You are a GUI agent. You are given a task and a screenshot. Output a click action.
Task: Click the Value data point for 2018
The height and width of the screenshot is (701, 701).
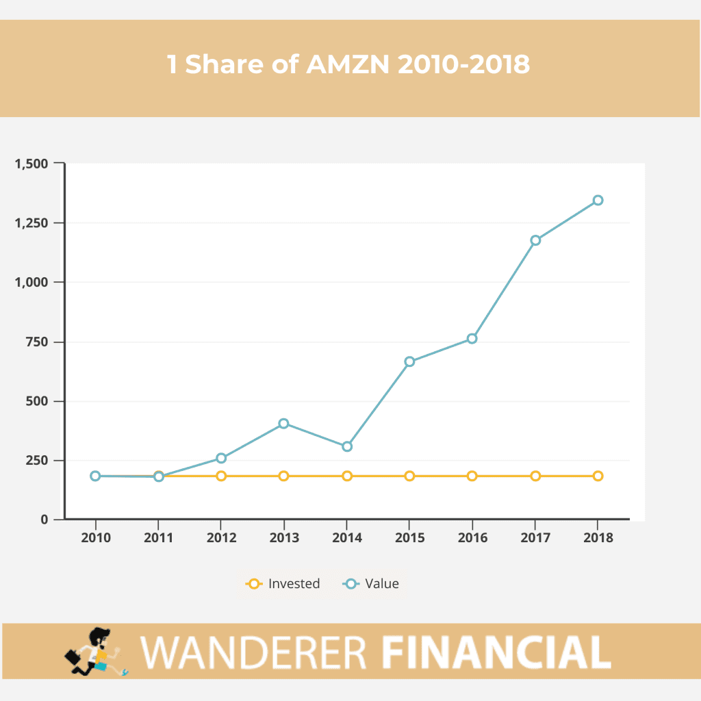coord(598,201)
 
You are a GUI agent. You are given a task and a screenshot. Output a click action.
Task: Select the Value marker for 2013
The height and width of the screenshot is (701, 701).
coord(283,424)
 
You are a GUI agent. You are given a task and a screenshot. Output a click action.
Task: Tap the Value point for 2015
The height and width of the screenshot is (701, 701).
coord(409,361)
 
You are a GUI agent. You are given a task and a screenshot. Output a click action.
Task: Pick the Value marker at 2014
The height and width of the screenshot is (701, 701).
coord(347,446)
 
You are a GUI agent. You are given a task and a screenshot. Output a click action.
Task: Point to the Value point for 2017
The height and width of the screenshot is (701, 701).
coord(535,240)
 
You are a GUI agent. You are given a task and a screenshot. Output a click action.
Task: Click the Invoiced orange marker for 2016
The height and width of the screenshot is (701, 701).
coord(472,476)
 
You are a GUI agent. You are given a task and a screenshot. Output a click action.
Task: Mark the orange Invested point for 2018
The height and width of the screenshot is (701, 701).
coord(598,476)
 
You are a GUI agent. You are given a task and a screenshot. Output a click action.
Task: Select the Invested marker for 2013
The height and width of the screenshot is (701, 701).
coord(283,476)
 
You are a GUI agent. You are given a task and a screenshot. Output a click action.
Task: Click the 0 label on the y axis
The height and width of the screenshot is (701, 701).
coord(44,520)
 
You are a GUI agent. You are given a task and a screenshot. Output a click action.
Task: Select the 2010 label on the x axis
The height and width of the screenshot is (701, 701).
coord(95,537)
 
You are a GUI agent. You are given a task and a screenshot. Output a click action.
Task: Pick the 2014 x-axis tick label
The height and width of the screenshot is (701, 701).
coord(347,537)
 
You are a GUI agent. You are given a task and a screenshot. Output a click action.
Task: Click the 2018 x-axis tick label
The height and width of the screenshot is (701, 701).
coord(598,537)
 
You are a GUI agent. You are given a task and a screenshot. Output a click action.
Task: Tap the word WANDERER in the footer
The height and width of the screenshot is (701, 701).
coord(255,652)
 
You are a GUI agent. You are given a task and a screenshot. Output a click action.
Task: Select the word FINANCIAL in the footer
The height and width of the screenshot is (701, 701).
coord(495,652)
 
